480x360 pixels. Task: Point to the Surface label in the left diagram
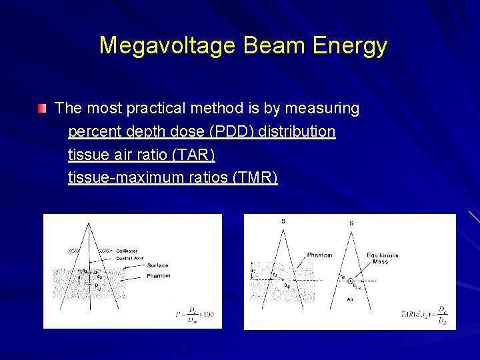coord(158,265)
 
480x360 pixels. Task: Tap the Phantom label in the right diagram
coord(319,255)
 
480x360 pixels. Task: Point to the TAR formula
coord(424,314)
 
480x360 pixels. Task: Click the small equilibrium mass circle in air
coord(350,281)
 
